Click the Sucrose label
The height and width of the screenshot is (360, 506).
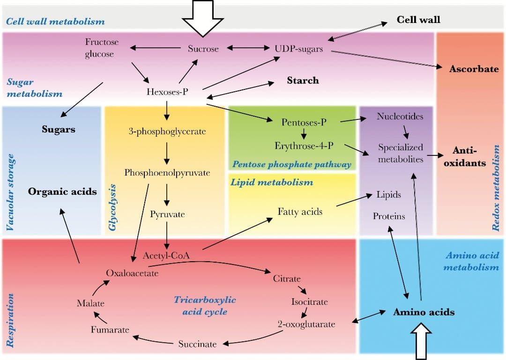point(203,49)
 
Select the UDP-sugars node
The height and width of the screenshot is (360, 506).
point(298,49)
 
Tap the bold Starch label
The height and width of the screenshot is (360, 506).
point(303,81)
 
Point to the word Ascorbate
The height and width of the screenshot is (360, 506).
point(474,69)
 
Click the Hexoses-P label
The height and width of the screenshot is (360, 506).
point(167,91)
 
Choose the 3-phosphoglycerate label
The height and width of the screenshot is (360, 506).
point(167,132)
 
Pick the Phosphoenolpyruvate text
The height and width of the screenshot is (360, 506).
point(167,173)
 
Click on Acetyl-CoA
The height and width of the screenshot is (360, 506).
point(166,256)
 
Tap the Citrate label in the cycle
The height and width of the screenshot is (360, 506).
point(287,279)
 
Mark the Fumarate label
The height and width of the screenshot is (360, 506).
point(110,330)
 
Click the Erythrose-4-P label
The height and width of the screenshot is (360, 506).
point(304,146)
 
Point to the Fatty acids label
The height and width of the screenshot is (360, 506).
point(300,212)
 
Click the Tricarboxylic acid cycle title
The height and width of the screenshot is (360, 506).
point(205,305)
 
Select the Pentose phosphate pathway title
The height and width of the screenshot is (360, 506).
point(291,164)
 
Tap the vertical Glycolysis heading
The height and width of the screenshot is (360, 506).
point(112,206)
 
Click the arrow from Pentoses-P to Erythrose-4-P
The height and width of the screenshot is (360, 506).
point(304,134)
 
